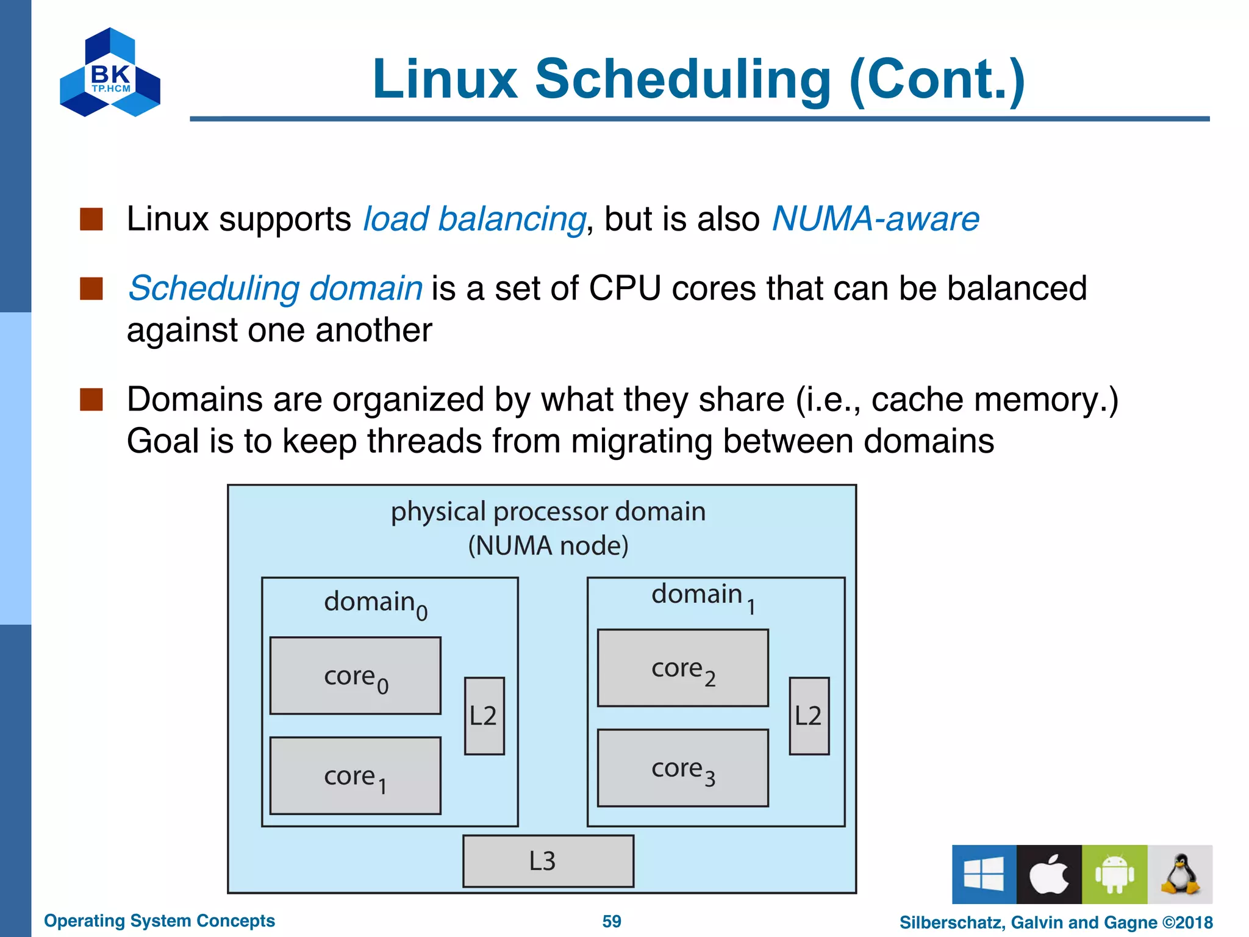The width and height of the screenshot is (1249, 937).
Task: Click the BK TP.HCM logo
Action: click(110, 73)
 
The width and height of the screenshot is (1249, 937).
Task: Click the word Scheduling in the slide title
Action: click(683, 79)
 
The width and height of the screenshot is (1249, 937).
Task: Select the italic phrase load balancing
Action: click(474, 220)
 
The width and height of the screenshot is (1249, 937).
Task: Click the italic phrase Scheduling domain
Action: click(275, 288)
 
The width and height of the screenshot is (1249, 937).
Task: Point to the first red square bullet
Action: click(91, 219)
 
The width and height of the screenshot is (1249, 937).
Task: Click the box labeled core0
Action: click(355, 675)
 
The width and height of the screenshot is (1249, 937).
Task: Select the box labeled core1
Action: click(355, 775)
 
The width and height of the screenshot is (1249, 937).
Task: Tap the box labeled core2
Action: click(682, 668)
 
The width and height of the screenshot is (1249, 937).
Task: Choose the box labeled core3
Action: click(682, 768)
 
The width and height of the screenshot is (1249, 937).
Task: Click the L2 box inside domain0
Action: click(484, 716)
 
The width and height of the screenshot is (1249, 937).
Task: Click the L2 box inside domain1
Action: click(809, 716)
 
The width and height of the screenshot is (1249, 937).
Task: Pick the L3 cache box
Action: click(548, 861)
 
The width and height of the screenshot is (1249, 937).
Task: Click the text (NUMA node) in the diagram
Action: click(548, 545)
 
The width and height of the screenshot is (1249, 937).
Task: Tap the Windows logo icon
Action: click(984, 874)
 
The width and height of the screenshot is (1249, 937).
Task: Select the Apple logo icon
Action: click(1049, 874)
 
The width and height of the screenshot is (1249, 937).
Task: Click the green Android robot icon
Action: click(1114, 874)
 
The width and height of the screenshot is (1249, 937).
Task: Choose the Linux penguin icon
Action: click(1179, 874)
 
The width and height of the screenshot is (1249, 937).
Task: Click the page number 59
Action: click(611, 921)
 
